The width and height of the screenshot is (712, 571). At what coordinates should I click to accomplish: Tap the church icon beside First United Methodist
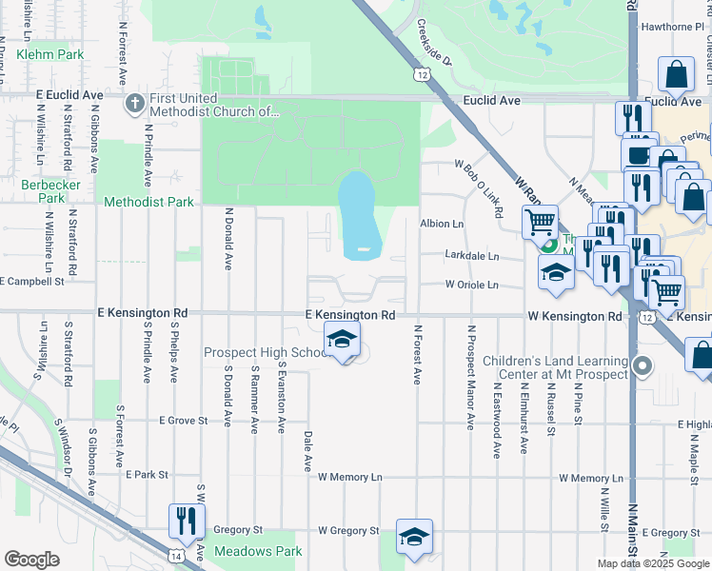point(134,102)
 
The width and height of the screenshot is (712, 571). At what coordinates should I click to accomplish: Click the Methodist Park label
point(148,202)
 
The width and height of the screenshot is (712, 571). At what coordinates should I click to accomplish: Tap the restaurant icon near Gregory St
point(185,520)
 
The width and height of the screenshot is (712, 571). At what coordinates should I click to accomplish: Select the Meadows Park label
point(258,551)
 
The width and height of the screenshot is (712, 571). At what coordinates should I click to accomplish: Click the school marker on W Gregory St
point(414,536)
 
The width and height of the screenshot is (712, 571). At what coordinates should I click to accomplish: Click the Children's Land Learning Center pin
point(643,365)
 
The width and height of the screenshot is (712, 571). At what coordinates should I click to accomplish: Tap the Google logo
point(31,560)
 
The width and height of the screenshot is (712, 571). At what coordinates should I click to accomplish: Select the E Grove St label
point(184,420)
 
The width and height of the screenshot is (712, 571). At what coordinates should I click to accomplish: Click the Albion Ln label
point(442,224)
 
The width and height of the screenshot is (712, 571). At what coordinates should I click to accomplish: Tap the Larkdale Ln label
point(472,256)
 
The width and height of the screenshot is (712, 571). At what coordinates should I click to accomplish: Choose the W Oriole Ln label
point(472,285)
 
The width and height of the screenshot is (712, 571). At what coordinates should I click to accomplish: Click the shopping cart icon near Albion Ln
point(540,223)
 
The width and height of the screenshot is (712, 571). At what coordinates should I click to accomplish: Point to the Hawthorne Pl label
point(672,28)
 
